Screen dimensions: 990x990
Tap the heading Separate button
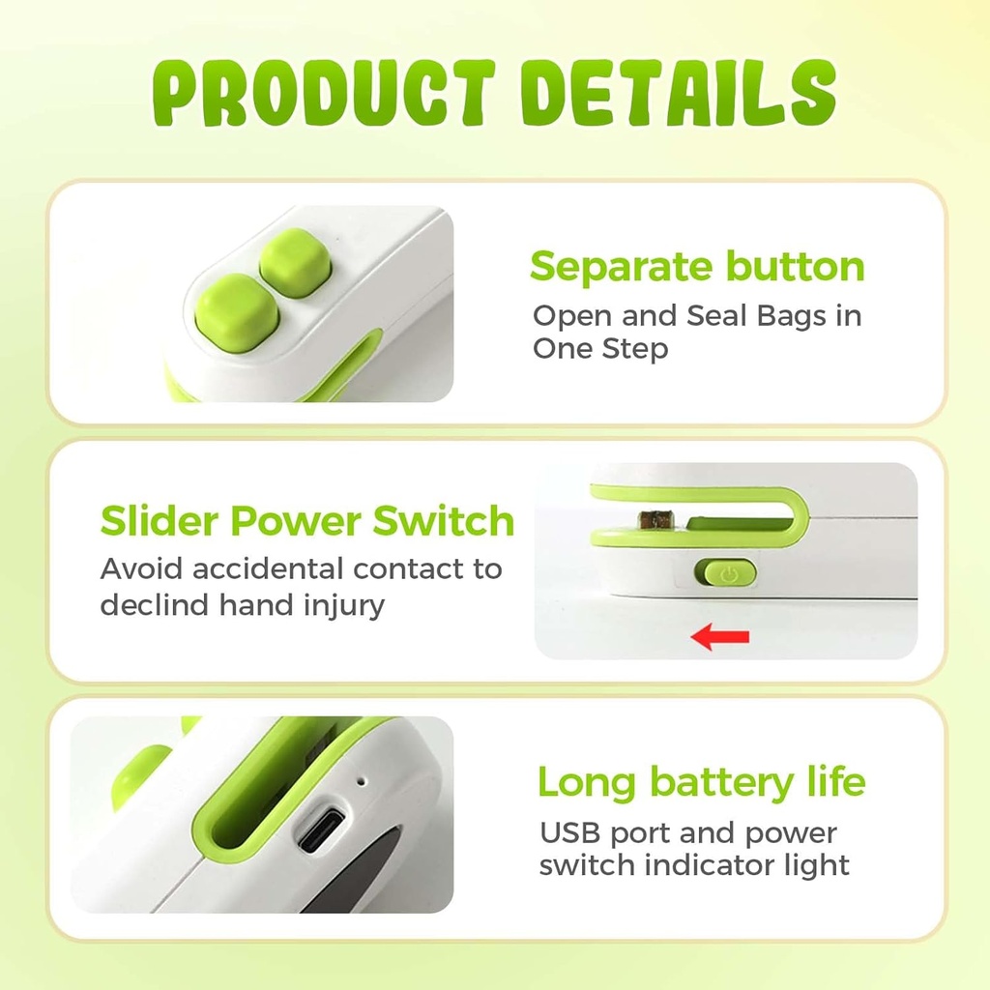tap(697, 267)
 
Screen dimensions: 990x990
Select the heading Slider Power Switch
tap(307, 521)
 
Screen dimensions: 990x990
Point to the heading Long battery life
tap(701, 781)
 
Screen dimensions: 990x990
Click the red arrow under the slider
tap(721, 636)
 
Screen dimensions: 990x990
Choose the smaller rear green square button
tap(295, 263)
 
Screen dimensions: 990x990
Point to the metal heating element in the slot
tap(656, 519)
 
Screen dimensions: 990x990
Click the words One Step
tap(599, 348)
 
